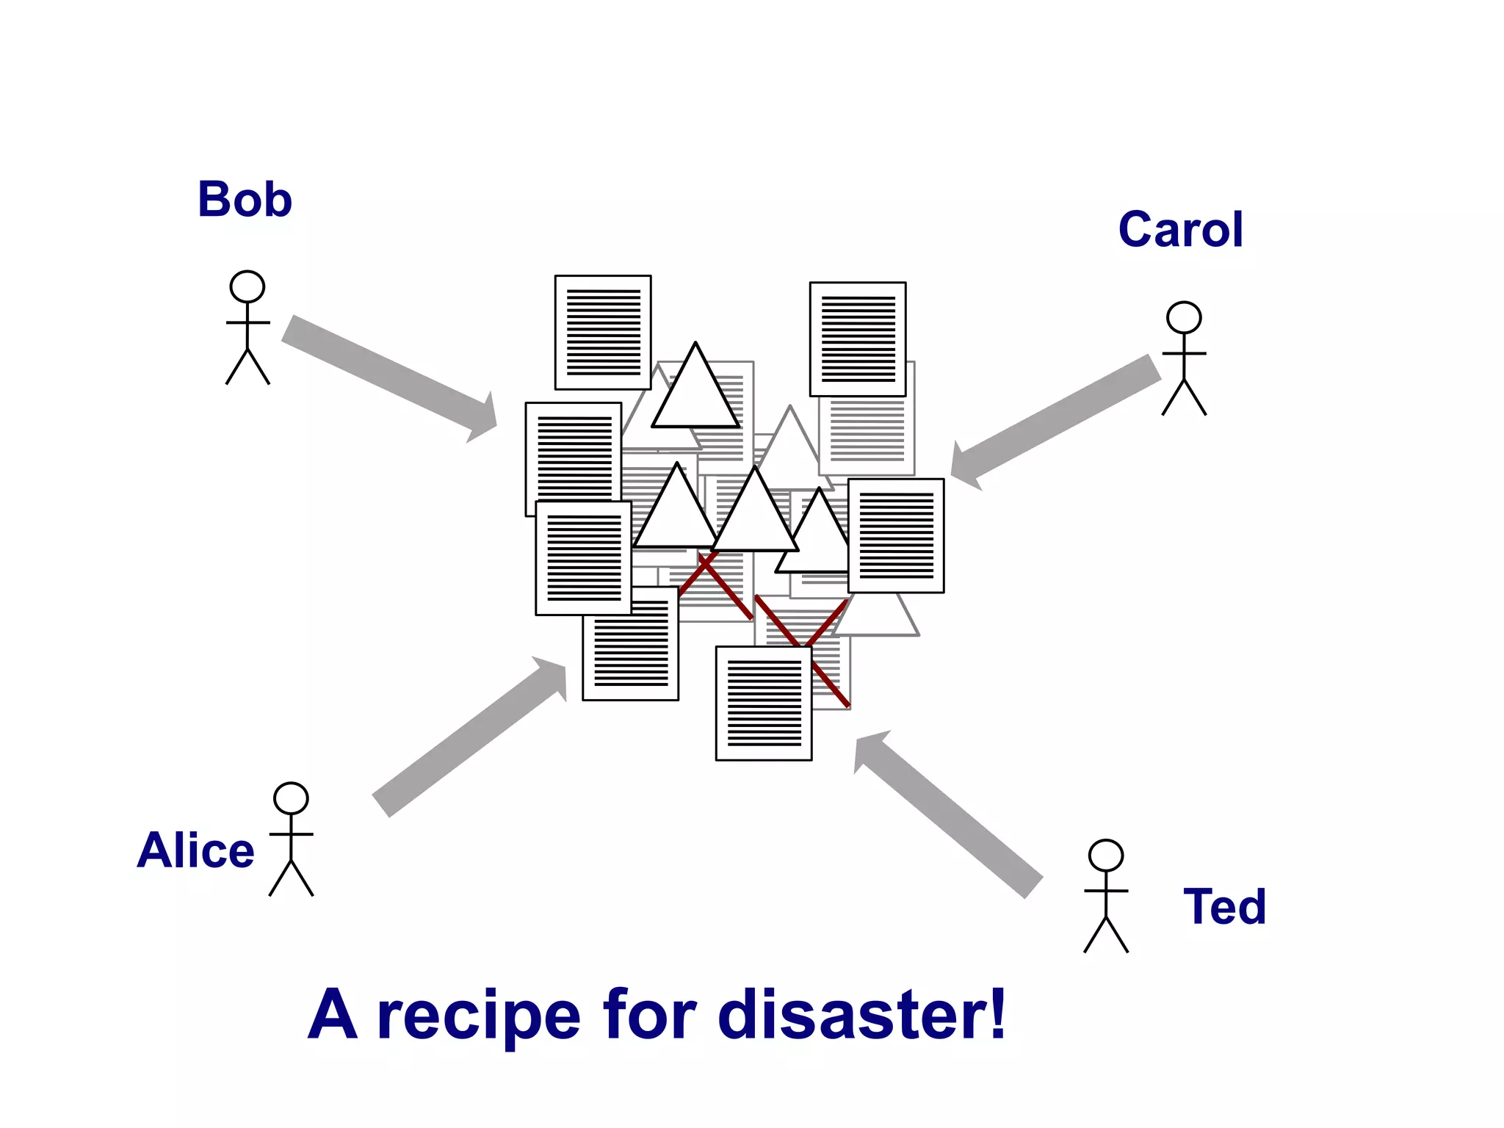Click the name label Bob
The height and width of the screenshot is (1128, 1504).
[x=245, y=199]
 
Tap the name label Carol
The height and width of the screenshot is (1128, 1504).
[x=1180, y=229]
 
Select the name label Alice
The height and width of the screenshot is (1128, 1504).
[x=195, y=850]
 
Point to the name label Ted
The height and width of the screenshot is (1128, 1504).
[x=1224, y=906]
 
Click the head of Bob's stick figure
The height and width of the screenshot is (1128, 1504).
[x=247, y=286]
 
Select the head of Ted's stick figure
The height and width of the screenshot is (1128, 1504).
[x=1106, y=856]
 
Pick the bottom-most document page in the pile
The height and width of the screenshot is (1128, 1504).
[x=764, y=704]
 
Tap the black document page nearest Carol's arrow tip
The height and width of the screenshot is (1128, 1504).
[x=896, y=535]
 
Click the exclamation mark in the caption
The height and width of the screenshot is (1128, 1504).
[x=997, y=1013]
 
